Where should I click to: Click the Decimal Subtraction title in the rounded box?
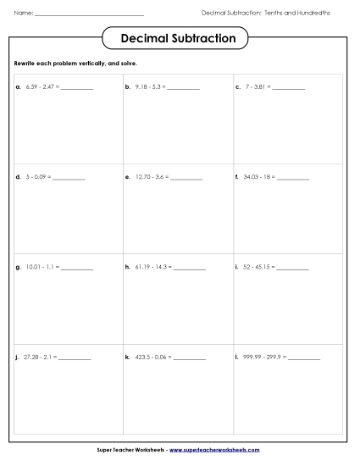coord(179,39)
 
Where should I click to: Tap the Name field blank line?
coord(89,14)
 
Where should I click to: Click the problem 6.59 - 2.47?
coord(42,87)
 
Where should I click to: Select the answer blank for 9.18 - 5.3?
coord(184,88)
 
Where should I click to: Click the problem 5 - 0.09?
coord(38,177)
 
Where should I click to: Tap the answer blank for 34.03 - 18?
coord(293,179)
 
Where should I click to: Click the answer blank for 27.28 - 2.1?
coord(75,358)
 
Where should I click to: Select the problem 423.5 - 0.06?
coord(153,358)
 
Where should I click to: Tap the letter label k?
coord(127,358)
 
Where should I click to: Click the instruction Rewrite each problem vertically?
coord(75,64)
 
